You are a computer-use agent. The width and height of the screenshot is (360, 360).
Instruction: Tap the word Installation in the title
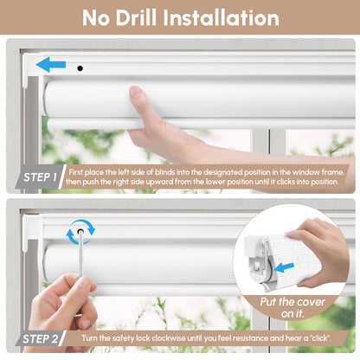tap(230, 18)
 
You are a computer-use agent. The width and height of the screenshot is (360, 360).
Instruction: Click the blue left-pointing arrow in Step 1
tap(50, 63)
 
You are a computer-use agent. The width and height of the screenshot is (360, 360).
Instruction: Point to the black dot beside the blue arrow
tap(79, 67)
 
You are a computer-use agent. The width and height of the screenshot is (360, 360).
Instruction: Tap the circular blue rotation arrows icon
tap(80, 230)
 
